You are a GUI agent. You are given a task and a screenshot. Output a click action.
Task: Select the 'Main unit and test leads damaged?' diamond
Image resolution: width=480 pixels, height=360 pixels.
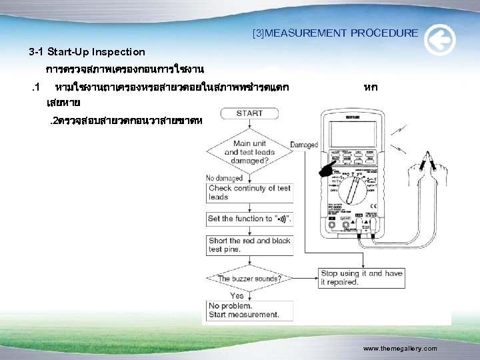pyautogui.click(x=249, y=152)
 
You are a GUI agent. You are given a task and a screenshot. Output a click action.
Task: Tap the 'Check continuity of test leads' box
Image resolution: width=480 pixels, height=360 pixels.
pyautogui.click(x=249, y=193)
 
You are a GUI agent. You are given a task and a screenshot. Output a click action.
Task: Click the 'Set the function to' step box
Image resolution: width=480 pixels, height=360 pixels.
pyautogui.click(x=249, y=219)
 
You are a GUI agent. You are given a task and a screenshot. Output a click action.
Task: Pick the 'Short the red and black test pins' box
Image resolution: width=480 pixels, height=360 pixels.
pyautogui.click(x=249, y=245)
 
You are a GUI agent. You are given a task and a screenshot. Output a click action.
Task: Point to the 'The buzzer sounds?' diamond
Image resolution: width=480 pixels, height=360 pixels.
pyautogui.click(x=249, y=278)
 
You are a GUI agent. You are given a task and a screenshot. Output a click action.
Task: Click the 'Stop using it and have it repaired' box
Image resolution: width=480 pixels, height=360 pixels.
pyautogui.click(x=361, y=277)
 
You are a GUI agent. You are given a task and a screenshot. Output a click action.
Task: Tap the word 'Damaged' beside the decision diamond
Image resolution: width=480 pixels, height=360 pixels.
pyautogui.click(x=305, y=144)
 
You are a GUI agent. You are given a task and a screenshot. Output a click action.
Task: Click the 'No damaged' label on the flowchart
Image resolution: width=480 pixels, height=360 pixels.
pyautogui.click(x=225, y=178)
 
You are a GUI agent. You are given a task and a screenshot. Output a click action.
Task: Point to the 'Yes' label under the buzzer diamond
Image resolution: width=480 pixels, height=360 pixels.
pyautogui.click(x=237, y=295)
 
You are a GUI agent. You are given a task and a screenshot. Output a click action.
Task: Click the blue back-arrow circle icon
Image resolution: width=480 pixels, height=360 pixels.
pyautogui.click(x=440, y=40)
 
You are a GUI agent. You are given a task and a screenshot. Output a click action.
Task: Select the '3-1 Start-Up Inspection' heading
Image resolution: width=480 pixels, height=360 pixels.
pyautogui.click(x=87, y=51)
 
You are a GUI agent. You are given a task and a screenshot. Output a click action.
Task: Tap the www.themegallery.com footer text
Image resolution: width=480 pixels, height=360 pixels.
pyautogui.click(x=400, y=349)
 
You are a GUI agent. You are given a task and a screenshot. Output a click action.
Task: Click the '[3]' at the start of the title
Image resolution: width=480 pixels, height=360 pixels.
pyautogui.click(x=258, y=33)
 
